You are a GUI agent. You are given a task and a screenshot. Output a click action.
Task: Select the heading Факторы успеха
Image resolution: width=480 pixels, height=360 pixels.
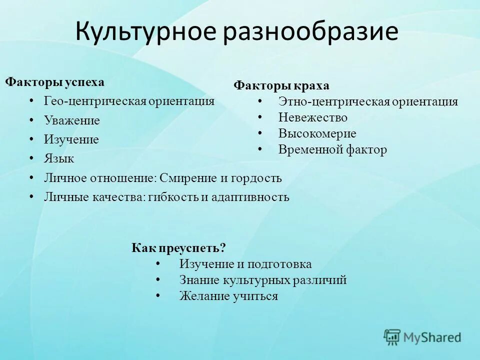55,82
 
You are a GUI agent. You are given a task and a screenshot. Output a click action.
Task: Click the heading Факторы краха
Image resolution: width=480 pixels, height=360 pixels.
281,85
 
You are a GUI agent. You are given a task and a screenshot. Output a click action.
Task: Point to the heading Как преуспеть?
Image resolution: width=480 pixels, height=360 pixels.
179,247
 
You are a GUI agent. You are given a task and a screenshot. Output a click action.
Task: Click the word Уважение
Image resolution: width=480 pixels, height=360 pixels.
71,120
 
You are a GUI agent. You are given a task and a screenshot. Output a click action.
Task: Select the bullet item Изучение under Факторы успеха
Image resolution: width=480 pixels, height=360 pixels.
71,139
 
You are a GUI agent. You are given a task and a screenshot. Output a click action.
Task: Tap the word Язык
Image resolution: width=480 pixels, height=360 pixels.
58,159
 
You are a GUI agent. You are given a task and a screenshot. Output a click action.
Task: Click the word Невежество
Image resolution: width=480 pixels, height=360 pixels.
312,117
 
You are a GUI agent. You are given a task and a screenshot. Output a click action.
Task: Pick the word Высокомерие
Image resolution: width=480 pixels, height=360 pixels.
317,133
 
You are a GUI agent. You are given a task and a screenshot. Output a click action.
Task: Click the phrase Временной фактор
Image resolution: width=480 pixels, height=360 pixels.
332,149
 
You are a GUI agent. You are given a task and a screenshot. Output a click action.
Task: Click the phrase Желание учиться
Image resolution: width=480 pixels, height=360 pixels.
228,296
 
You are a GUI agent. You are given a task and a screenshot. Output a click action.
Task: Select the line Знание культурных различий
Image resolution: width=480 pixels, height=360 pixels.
262,280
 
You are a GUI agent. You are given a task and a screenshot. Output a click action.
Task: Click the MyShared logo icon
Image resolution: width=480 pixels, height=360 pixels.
392,337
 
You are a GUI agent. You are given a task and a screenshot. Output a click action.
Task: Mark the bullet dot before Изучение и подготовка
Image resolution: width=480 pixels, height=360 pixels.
158,263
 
